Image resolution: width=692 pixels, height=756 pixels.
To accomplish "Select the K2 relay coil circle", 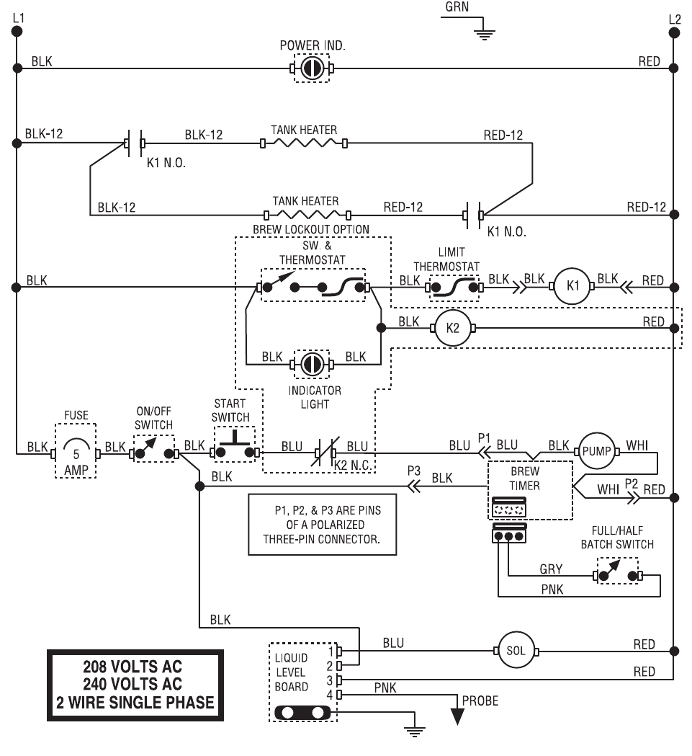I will [452, 328].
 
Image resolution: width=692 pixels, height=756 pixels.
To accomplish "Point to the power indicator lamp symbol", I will [312, 68].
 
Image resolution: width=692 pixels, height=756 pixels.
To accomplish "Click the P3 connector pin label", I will [413, 469].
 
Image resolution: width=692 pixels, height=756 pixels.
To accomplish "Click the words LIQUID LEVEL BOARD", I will [292, 673].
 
